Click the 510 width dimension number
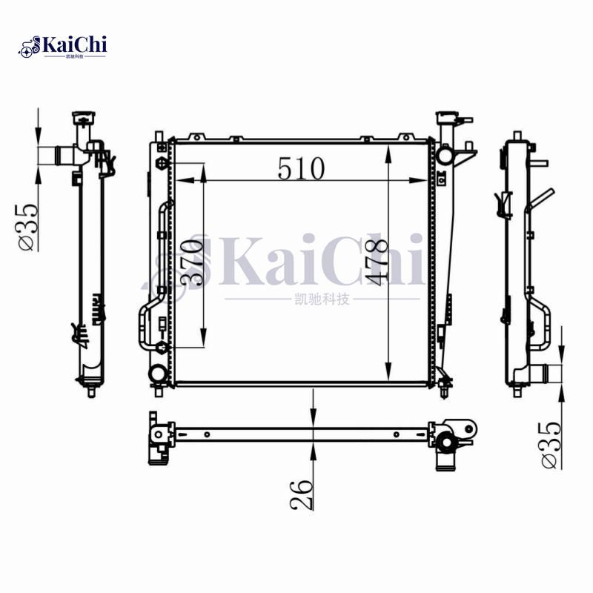pos(302,169)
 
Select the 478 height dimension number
pos(376,265)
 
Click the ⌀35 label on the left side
pos(25,226)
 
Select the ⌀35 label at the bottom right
pos(550,445)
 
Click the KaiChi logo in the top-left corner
pos(63,46)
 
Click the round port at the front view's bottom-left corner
pos(158,373)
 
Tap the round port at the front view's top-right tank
pos(445,156)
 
